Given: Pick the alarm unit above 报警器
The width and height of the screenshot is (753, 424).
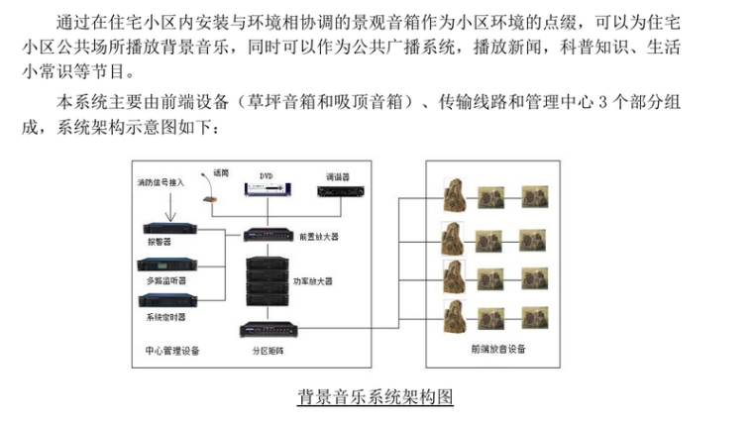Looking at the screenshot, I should [x=169, y=229].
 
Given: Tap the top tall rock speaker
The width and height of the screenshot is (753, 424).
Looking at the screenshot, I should [x=454, y=194].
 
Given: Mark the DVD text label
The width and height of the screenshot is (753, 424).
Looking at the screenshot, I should [x=266, y=176].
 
